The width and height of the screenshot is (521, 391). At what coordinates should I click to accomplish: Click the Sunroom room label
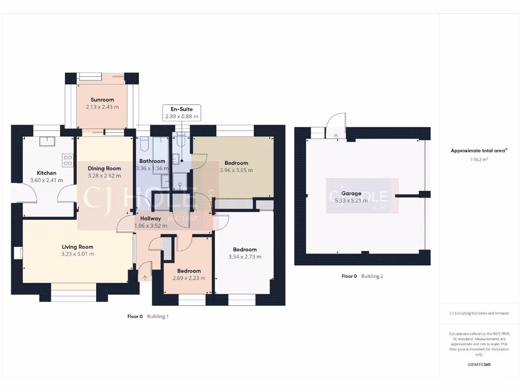pyautogui.click(x=102, y=100)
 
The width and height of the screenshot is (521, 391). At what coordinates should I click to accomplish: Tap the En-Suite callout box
pyautogui.click(x=182, y=113)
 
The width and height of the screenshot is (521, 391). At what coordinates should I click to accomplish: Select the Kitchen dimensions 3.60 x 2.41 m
pyautogui.click(x=46, y=180)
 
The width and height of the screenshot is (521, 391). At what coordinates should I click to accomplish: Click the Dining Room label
pyautogui.click(x=104, y=169)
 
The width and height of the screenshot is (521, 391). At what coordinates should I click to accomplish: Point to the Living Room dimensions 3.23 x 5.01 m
pyautogui.click(x=77, y=254)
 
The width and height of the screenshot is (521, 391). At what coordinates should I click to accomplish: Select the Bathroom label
pyautogui.click(x=152, y=161)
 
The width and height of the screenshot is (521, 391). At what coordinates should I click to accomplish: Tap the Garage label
pyautogui.click(x=351, y=193)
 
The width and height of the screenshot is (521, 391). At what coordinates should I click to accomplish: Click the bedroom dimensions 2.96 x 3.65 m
pyautogui.click(x=236, y=171)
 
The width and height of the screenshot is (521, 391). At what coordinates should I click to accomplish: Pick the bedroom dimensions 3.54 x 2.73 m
pyautogui.click(x=245, y=257)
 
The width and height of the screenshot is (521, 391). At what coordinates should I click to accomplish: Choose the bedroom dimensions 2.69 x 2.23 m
pyautogui.click(x=189, y=278)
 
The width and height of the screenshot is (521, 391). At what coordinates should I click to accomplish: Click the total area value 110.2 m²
pyautogui.click(x=478, y=159)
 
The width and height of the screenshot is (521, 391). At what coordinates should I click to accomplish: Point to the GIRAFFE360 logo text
pyautogui.click(x=478, y=365)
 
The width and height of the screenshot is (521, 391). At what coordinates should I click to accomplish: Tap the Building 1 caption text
pyautogui.click(x=158, y=316)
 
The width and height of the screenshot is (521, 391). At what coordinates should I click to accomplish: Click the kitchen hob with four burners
pyautogui.click(x=68, y=160)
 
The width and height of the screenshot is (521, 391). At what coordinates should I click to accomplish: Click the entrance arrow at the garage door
pyautogui.click(x=335, y=135)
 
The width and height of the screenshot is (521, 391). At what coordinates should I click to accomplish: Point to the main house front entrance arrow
pyautogui.click(x=146, y=277)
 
